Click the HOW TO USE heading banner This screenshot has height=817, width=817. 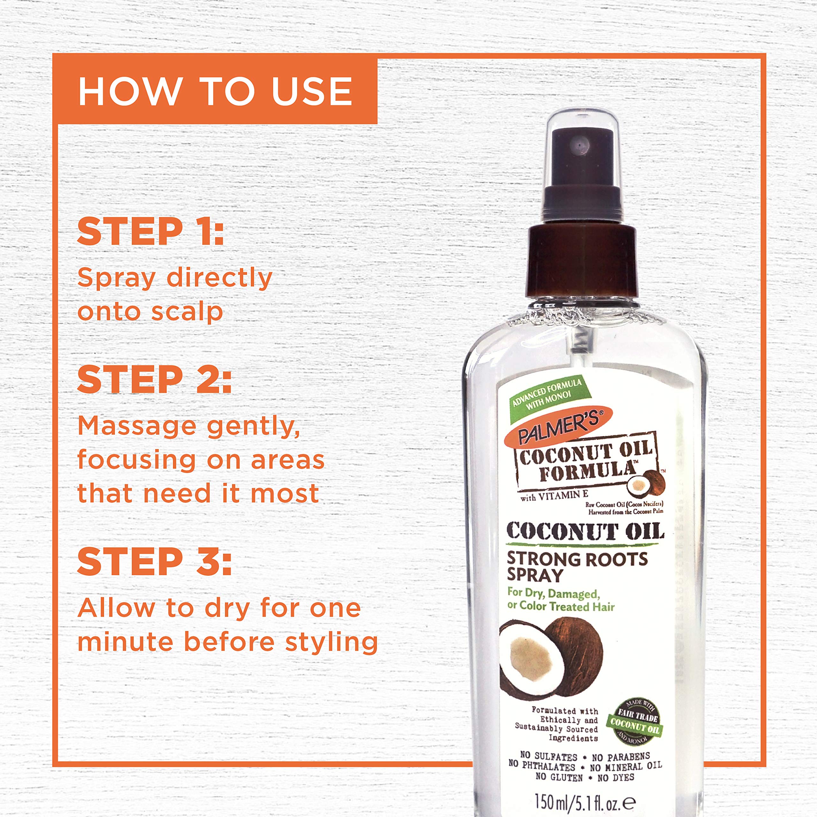coord(215,91)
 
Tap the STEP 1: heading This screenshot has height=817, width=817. coord(150,231)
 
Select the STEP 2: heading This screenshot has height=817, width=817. coord(154,379)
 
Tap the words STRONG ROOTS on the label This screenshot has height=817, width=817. coord(577,559)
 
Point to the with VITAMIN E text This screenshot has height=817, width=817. coord(554,496)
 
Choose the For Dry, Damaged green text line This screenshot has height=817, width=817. coord(553,593)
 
